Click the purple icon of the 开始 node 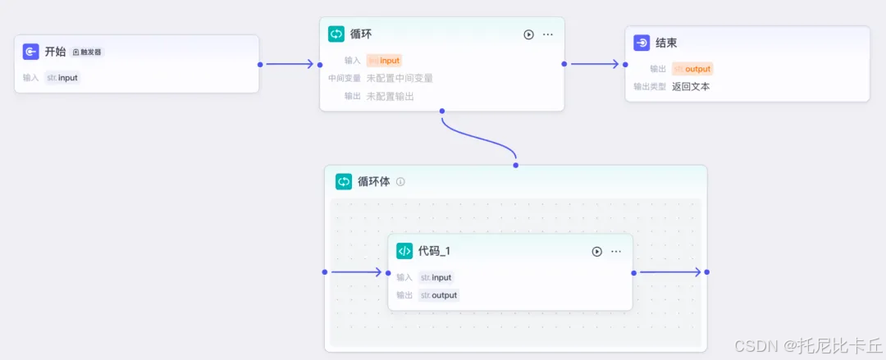coord(31,52)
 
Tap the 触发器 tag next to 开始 coord(88,52)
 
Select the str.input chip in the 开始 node coord(62,78)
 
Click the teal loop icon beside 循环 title coord(336,34)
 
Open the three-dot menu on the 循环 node coord(548,34)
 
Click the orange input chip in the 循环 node coord(384,60)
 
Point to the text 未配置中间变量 coord(400,78)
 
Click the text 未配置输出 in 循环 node coord(390,96)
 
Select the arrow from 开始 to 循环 coord(290,64)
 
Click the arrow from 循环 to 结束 coord(594,64)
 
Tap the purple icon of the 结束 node coord(642,43)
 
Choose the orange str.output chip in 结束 coord(692,69)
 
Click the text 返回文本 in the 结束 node coord(691,86)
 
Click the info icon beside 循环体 coord(400,182)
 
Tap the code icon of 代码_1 coord(404,251)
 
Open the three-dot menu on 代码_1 coord(616,252)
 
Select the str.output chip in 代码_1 coord(439,295)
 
